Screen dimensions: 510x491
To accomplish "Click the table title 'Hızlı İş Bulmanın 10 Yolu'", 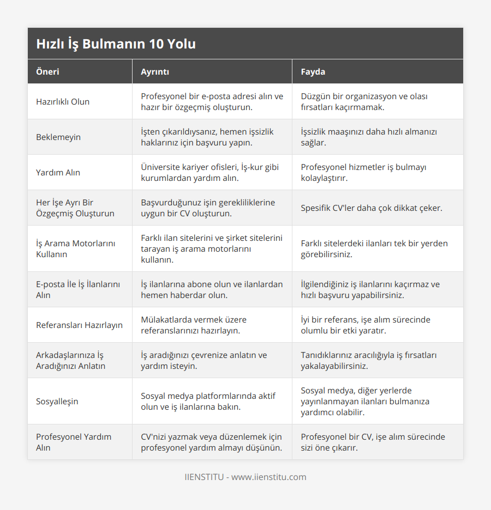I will (116, 44).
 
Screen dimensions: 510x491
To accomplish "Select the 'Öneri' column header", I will (47, 71).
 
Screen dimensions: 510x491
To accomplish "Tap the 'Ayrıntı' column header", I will (155, 71).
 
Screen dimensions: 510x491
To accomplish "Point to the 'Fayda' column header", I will (313, 71).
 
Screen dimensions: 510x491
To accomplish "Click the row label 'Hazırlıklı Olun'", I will (63, 102).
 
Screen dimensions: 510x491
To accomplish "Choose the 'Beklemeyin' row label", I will (58, 137).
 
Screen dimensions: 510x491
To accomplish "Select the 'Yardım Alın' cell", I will (58, 173).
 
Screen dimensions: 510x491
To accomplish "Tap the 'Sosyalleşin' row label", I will (57, 402).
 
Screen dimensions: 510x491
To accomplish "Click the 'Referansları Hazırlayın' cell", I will (79, 325).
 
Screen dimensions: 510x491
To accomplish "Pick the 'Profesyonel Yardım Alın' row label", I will (74, 442).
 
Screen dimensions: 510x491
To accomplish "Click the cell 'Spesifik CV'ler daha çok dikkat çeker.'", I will (372, 208).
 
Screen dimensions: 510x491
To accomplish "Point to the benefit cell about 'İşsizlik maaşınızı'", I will (369, 137).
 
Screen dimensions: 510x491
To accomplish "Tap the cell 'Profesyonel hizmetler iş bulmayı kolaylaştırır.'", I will (363, 173).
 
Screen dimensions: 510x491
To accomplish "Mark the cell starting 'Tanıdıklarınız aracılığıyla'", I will (368, 361).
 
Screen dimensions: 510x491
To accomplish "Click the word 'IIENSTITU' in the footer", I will (204, 477).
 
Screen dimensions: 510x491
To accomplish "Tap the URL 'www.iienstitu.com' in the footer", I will (269, 477).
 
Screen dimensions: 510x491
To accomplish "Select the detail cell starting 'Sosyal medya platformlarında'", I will (208, 402).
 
